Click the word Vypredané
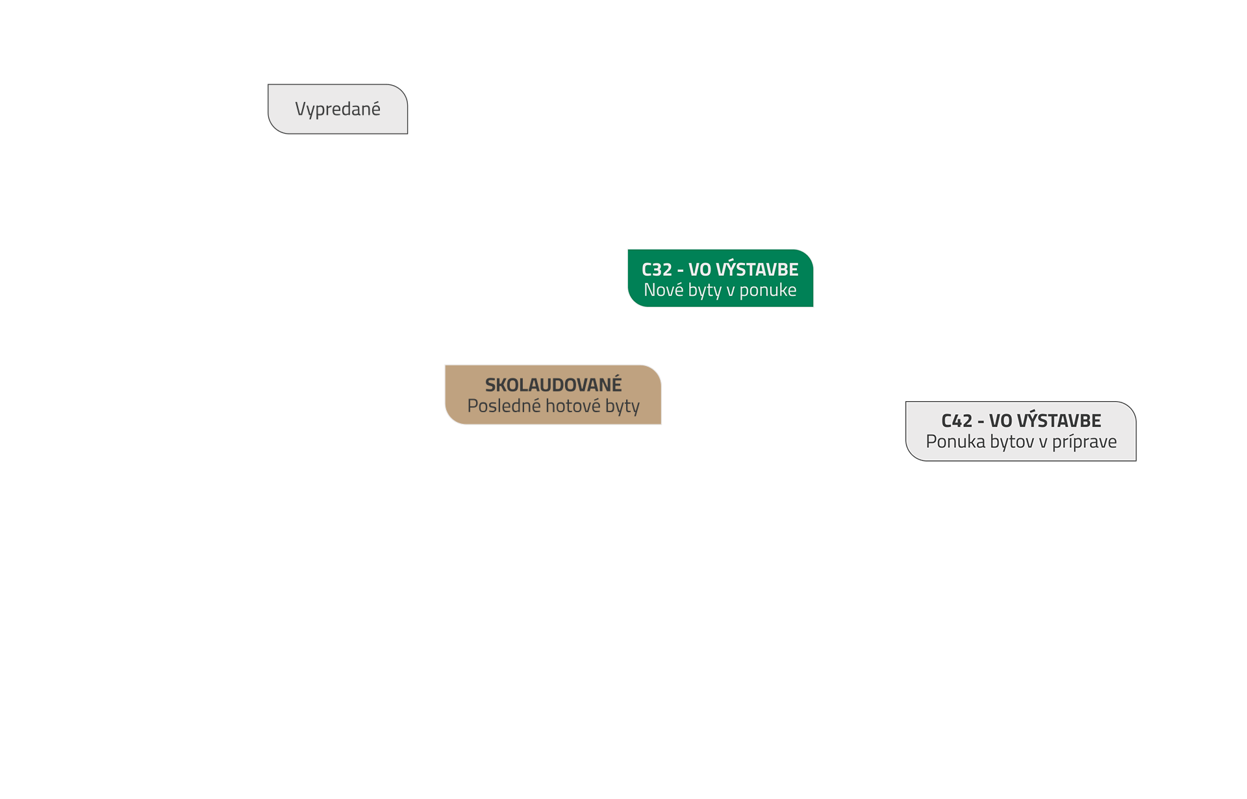[x=338, y=109]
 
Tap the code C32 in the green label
[x=657, y=269]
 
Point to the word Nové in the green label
[x=663, y=289]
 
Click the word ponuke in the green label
[x=768, y=290]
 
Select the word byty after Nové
[x=705, y=290]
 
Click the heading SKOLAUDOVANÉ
[x=553, y=385]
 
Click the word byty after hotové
[x=622, y=406]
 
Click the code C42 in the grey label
[x=957, y=421]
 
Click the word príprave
[x=1084, y=442]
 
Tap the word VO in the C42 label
[x=1000, y=421]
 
